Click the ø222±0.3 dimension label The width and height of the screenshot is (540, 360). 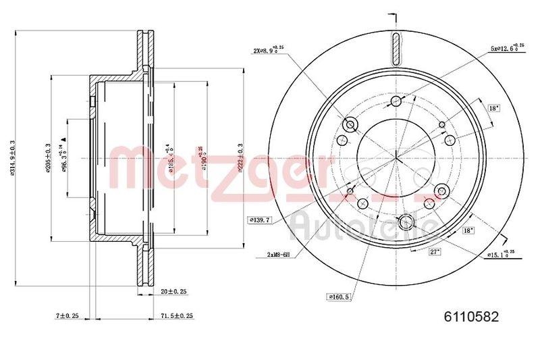pyautogui.click(x=241, y=157)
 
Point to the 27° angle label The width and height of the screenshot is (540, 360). pyautogui.click(x=435, y=251)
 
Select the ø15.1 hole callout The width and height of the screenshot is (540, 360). pyautogui.click(x=502, y=254)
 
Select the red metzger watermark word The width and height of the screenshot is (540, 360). pyautogui.click(x=223, y=169)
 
